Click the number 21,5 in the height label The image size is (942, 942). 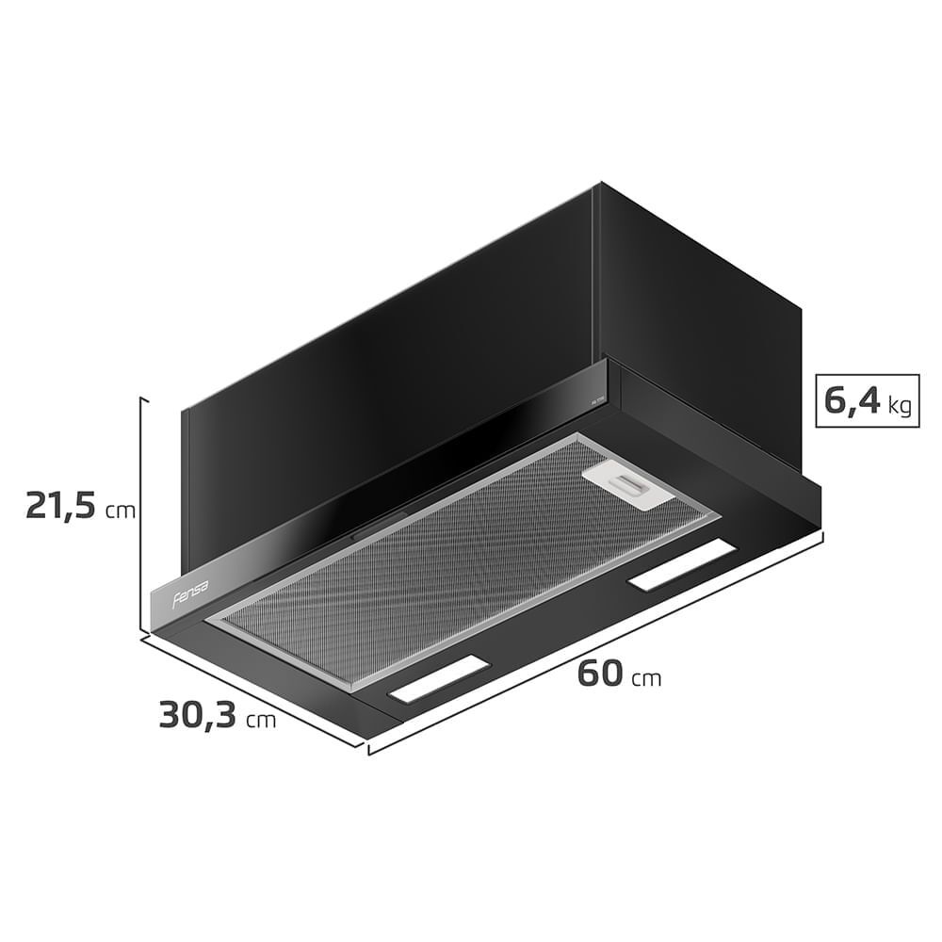(x=61, y=506)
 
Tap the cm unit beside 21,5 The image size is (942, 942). (x=121, y=512)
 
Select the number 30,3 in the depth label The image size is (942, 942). (x=197, y=715)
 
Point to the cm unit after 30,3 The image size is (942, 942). (x=261, y=721)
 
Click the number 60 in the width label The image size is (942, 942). (x=599, y=674)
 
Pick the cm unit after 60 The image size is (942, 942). (x=646, y=679)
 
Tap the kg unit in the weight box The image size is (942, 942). (x=899, y=407)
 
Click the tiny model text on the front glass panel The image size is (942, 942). (x=597, y=399)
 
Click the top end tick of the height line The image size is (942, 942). (x=142, y=398)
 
